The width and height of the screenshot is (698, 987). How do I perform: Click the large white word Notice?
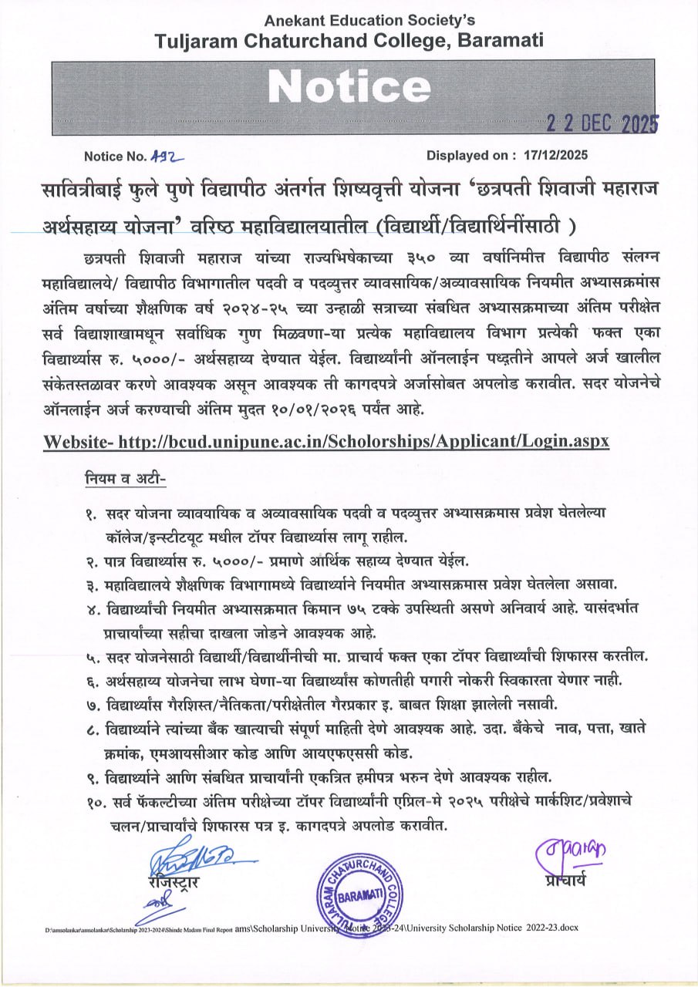coord(349,87)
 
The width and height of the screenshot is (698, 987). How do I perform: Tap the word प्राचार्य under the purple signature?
coord(564,879)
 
